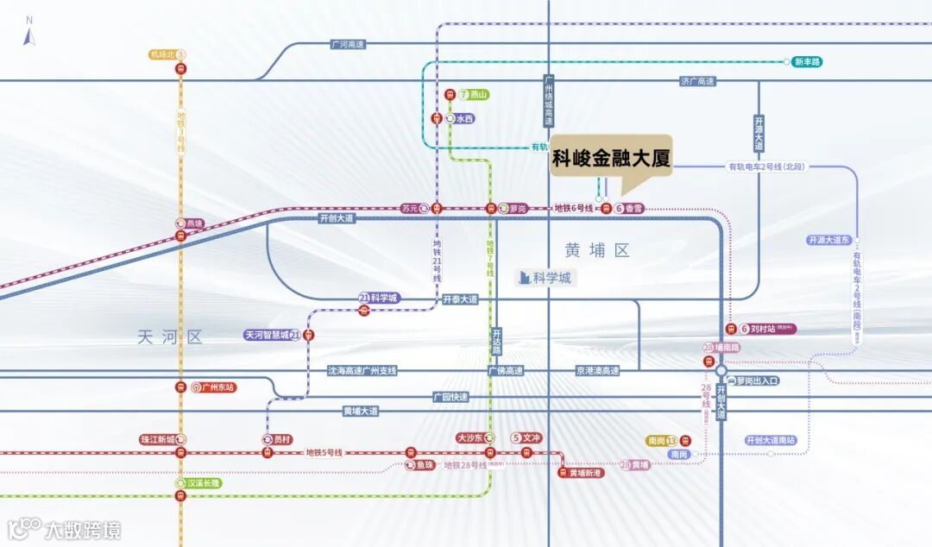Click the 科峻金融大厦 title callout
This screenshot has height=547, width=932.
(611, 160)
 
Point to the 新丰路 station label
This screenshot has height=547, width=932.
(807, 62)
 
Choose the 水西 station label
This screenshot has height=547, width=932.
(464, 119)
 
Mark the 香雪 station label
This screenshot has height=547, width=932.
(634, 209)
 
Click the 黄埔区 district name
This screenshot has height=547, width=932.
(597, 250)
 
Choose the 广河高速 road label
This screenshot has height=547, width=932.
(348, 44)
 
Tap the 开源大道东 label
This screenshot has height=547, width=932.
(829, 240)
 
